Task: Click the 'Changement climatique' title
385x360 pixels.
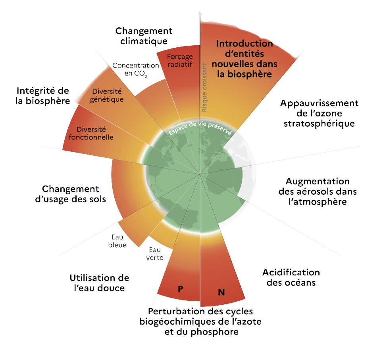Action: (x=144, y=36)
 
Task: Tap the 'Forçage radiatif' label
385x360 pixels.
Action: (x=180, y=60)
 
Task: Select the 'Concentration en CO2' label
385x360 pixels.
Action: (x=136, y=70)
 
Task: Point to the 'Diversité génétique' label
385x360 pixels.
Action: (x=107, y=95)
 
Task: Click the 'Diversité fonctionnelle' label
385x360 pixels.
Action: (x=91, y=133)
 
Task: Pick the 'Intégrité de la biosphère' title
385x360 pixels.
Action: (x=42, y=96)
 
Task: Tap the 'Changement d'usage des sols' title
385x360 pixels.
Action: (x=71, y=194)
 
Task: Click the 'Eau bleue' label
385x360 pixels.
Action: (x=117, y=241)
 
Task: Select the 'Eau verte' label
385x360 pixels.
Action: (x=155, y=254)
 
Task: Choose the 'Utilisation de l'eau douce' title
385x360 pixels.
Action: (x=100, y=283)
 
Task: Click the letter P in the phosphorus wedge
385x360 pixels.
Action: (x=180, y=289)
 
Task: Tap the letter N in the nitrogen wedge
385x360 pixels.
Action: (x=221, y=292)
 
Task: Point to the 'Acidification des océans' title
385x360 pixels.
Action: (x=291, y=277)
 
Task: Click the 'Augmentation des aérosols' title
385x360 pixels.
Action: (x=318, y=192)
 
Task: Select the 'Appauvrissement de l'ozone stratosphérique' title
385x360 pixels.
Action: (x=319, y=113)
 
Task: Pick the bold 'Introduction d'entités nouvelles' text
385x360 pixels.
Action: (x=244, y=59)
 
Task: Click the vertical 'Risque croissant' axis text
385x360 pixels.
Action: (x=204, y=87)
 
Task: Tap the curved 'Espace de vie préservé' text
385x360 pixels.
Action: (x=200, y=128)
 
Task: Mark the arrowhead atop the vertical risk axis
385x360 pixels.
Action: (x=200, y=13)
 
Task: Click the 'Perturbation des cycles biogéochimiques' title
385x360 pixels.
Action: (x=200, y=321)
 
